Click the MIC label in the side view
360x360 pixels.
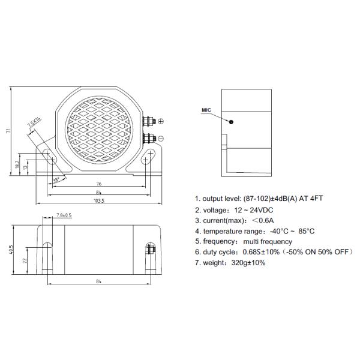point(207,110)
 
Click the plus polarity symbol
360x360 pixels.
point(160,122)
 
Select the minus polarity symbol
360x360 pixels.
point(160,138)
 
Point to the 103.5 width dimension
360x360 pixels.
point(99,201)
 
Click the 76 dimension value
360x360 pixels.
point(98,184)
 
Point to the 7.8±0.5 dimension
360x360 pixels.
point(64,215)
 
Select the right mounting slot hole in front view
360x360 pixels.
point(146,160)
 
